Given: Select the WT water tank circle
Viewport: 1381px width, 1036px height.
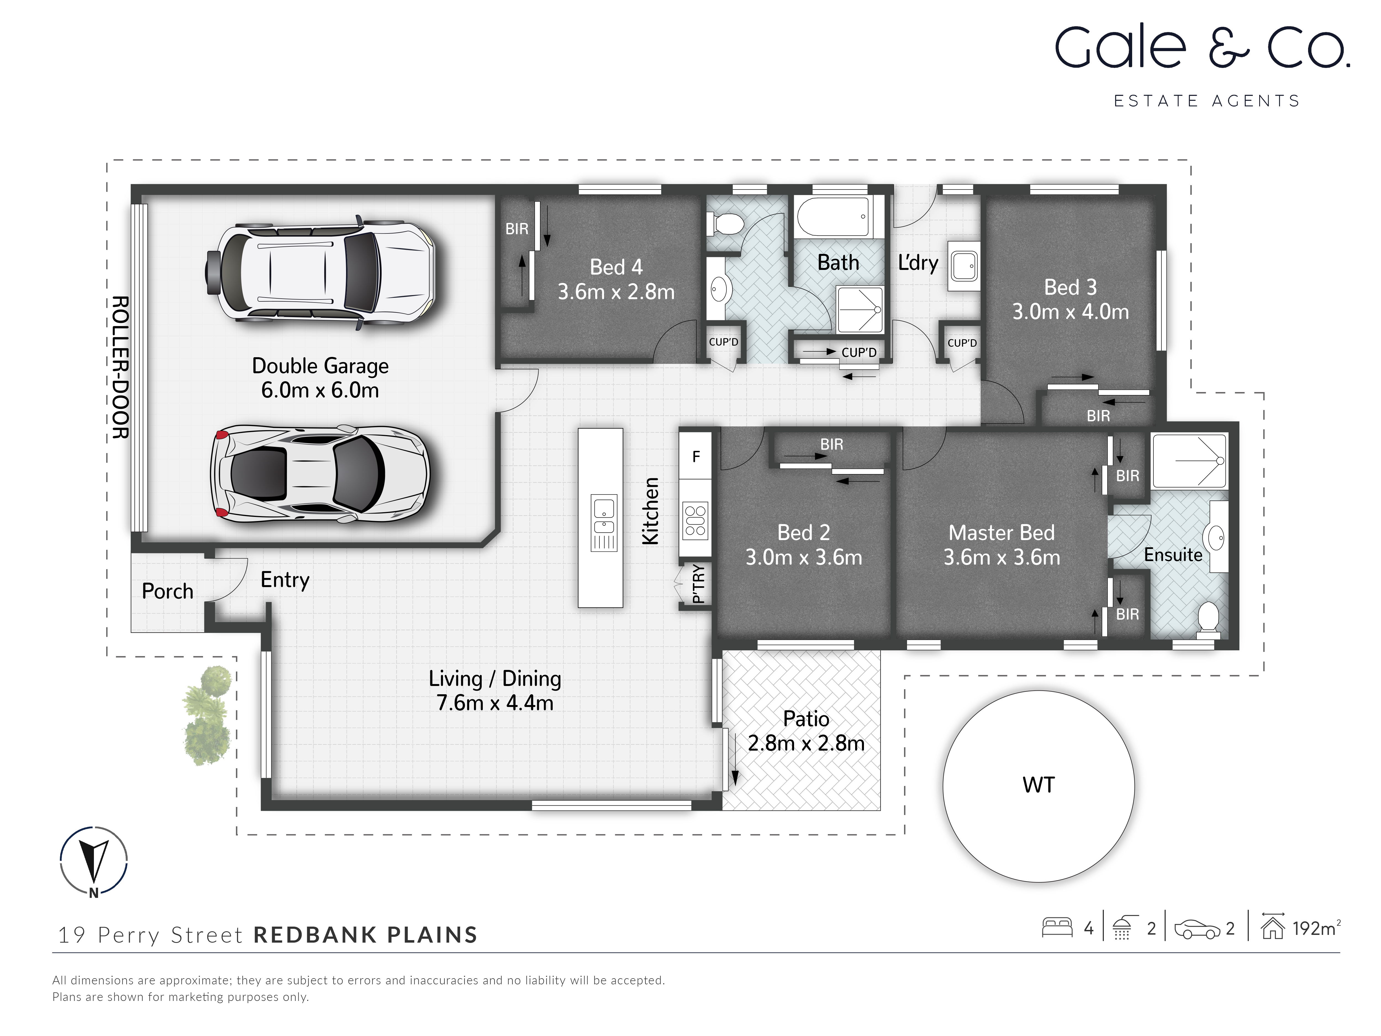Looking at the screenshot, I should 1038,786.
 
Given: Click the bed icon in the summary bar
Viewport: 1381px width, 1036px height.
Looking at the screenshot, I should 1057,927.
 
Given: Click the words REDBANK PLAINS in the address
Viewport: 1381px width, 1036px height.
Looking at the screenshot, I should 365,935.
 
